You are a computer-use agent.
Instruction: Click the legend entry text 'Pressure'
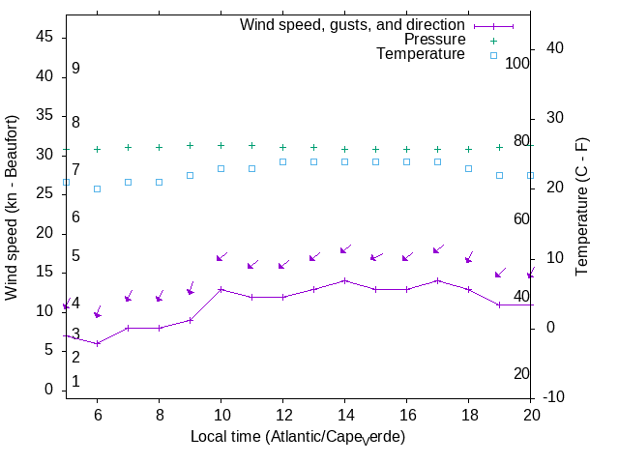click(434, 40)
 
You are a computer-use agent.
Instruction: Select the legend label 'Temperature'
click(421, 54)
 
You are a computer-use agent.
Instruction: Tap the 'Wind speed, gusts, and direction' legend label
click(353, 24)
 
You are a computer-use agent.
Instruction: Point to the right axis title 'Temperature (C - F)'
click(582, 206)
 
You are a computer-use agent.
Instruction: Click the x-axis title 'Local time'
click(297, 437)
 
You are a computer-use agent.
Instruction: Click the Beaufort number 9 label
click(75, 69)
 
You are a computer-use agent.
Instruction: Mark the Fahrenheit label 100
click(518, 63)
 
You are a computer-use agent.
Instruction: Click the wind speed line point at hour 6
click(97, 343)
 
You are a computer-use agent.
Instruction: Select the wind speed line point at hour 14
click(344, 280)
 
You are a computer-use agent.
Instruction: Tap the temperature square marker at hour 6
click(97, 188)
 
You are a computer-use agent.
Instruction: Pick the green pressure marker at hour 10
click(221, 145)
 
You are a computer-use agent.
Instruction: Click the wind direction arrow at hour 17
click(437, 249)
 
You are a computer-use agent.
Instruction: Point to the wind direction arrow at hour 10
click(221, 257)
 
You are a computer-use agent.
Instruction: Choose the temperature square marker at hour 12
click(282, 161)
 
